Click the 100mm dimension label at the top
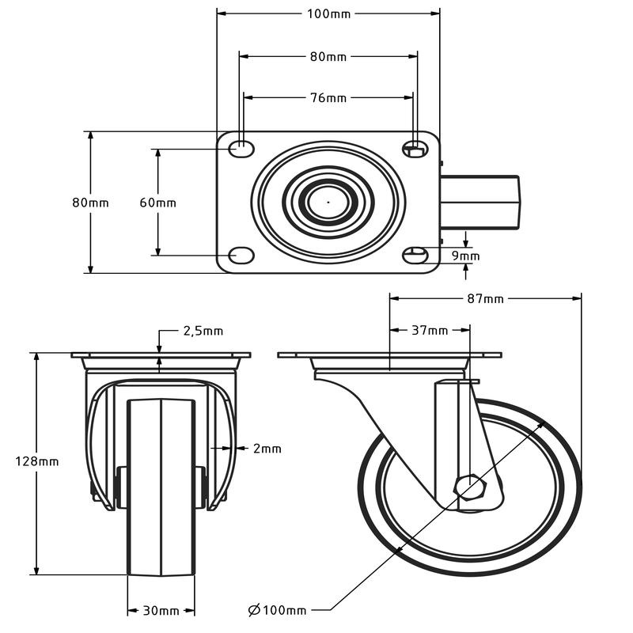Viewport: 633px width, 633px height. [328, 13]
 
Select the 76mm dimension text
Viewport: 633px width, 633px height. [328, 98]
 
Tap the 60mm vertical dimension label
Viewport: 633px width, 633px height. [158, 203]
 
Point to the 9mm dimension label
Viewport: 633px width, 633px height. [466, 256]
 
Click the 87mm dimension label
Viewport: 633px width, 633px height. [486, 299]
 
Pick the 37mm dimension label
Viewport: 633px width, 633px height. [430, 330]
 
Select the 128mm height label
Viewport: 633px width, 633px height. [37, 461]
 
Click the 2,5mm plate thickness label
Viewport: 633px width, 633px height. [203, 331]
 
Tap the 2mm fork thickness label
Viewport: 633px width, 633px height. [267, 449]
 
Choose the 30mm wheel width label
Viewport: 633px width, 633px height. [161, 611]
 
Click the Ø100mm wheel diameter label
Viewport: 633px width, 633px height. [277, 610]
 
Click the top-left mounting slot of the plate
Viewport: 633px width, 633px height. [241, 148]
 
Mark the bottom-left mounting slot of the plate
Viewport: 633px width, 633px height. [241, 255]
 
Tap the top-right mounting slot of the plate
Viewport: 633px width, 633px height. [415, 148]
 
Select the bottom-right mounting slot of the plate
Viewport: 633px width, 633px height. [415, 255]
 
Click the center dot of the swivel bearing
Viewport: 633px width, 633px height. [328, 202]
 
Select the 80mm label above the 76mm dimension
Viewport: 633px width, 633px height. [328, 57]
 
